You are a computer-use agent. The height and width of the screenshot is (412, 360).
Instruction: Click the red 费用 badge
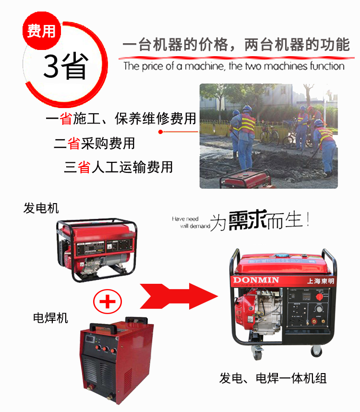pos(41,31)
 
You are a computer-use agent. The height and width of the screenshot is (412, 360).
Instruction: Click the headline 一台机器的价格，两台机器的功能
pos(236,46)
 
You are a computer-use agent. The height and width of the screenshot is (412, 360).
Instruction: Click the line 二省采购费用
pos(94,143)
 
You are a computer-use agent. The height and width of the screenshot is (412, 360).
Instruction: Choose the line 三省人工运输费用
pos(118,167)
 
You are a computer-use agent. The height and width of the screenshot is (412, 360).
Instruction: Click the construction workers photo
pos(268,136)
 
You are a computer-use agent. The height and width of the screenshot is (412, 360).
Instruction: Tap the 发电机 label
pos(41,208)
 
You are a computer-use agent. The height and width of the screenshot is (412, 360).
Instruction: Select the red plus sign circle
pos(107,302)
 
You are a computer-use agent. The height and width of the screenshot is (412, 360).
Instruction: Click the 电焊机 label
pos(50,317)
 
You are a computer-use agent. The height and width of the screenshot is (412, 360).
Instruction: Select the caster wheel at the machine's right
pos(316,351)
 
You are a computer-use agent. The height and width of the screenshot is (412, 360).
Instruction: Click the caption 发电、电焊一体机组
pos(273,378)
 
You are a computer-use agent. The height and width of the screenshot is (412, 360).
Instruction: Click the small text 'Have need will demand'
pos(191,222)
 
